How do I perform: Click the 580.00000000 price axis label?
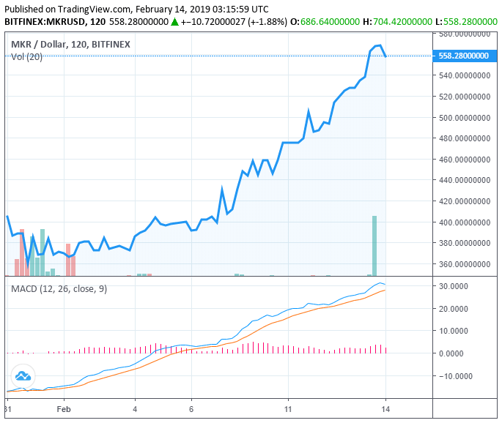tap(463, 34)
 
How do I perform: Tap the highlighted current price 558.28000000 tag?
tap(463, 56)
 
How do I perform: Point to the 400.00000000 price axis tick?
tap(463, 222)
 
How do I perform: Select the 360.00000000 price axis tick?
tap(463, 264)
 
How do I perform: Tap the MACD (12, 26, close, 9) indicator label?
tap(59, 289)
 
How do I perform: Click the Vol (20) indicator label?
tap(26, 57)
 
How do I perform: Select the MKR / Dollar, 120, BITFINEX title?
tap(70, 45)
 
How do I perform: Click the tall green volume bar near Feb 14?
tap(374, 245)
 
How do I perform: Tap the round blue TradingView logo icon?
tap(23, 376)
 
